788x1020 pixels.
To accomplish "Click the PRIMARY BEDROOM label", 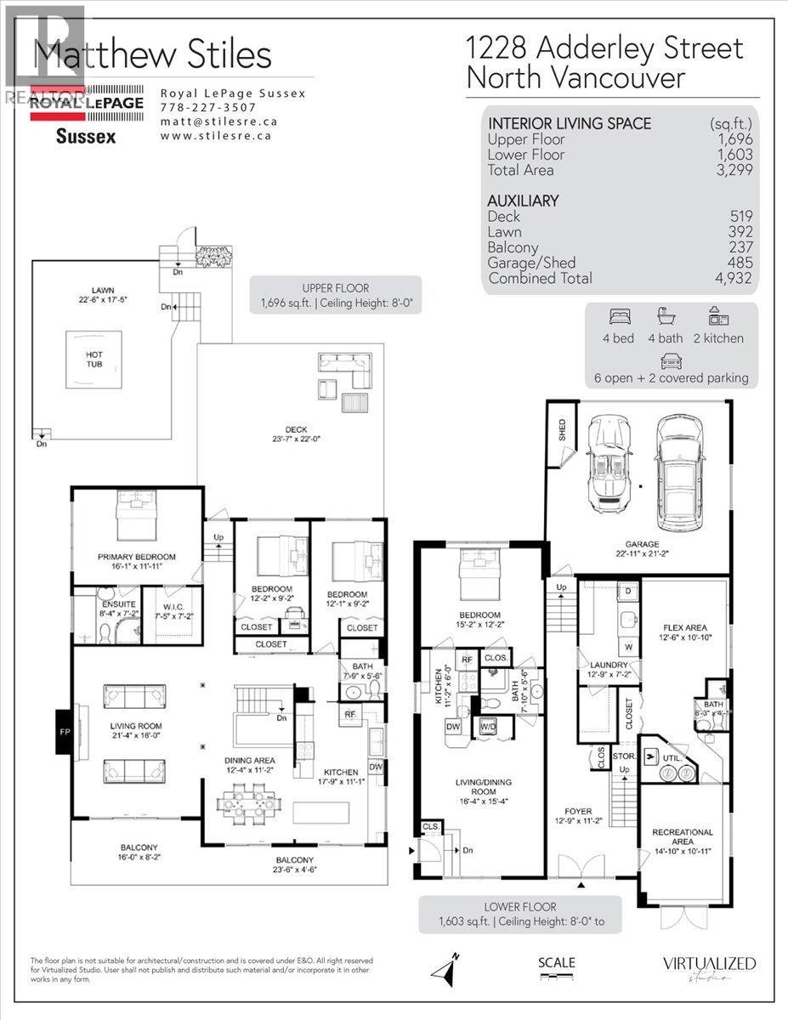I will coord(129,558).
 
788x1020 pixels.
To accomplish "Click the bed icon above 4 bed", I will coord(620,319).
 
